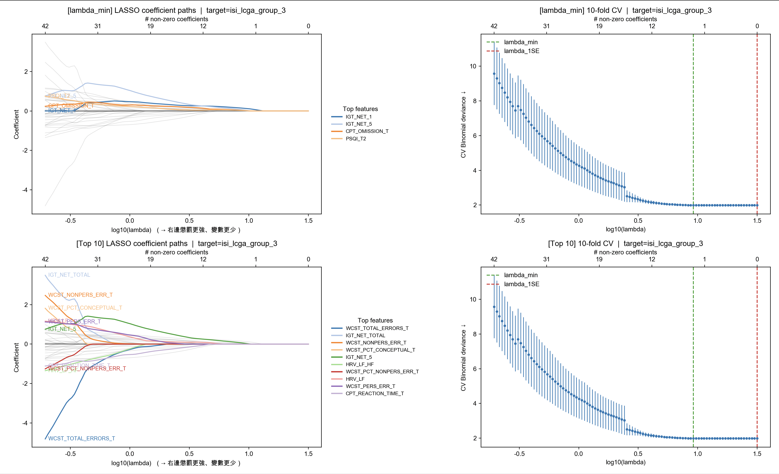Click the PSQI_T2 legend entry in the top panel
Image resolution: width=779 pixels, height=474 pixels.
click(356, 139)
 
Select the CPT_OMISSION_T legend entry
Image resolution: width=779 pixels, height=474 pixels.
click(367, 131)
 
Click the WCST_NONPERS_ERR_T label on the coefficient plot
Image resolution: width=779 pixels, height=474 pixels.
click(80, 295)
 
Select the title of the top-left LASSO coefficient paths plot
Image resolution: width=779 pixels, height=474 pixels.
click(176, 10)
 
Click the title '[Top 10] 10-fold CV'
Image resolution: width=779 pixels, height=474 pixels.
click(625, 244)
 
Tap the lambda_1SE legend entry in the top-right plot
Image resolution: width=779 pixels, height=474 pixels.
click(521, 51)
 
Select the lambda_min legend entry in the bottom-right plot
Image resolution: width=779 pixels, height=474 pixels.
click(520, 275)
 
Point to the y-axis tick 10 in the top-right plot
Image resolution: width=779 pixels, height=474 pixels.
click(473, 66)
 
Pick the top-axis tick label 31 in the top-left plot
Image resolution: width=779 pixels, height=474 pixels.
click(98, 26)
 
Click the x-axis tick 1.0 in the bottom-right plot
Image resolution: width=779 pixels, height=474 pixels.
click(697, 454)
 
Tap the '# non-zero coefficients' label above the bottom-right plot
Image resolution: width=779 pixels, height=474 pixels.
click(625, 252)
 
